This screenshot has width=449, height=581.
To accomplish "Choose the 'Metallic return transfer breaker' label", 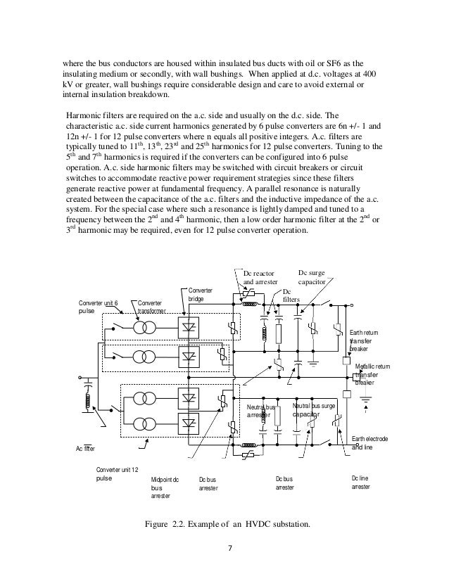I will click(374, 374).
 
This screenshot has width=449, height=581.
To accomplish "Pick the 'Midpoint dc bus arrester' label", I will click(165, 487).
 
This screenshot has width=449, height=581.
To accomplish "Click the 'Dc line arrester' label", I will click(361, 482).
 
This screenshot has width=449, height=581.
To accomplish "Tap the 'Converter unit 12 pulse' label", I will click(118, 473).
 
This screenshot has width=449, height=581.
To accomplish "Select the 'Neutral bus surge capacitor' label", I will click(314, 411).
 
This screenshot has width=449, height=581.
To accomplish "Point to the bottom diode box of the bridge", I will click(189, 424).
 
